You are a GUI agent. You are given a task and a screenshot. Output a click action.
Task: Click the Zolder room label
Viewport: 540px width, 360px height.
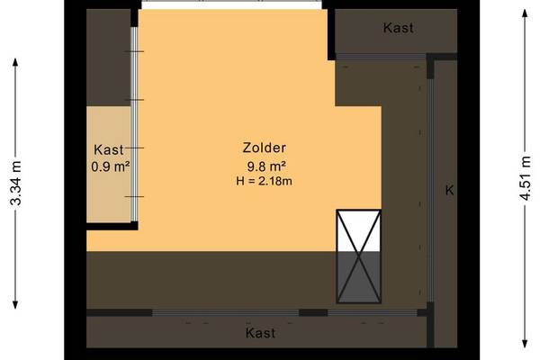pyautogui.click(x=264, y=148)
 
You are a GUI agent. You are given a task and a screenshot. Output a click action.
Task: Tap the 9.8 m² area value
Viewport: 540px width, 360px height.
pyautogui.click(x=266, y=166)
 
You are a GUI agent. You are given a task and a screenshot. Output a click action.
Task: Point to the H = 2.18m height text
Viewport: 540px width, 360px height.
pyautogui.click(x=264, y=181)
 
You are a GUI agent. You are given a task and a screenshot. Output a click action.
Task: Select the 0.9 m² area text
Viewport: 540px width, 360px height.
pyautogui.click(x=110, y=166)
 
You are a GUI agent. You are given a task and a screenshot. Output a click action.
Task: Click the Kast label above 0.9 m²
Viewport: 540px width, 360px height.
pyautogui.click(x=109, y=150)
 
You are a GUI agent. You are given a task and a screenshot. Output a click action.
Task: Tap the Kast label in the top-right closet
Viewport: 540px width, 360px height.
pyautogui.click(x=398, y=28)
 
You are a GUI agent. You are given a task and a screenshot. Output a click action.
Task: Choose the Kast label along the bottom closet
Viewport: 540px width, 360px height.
pyautogui.click(x=260, y=333)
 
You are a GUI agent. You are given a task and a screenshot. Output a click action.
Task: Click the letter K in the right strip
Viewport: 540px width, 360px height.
pyautogui.click(x=449, y=190)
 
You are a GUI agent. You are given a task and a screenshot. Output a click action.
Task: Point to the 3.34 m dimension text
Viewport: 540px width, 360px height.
pyautogui.click(x=15, y=183)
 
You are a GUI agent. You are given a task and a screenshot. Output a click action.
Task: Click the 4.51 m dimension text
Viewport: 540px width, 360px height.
pyautogui.click(x=525, y=178)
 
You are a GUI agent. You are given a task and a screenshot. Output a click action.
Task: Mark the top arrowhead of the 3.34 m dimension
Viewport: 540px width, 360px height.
pyautogui.click(x=15, y=62)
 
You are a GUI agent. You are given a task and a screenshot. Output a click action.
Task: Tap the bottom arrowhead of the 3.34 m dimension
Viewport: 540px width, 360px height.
pyautogui.click(x=15, y=305)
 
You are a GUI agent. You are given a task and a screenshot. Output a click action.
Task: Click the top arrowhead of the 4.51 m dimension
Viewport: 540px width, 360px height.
pyautogui.click(x=525, y=13)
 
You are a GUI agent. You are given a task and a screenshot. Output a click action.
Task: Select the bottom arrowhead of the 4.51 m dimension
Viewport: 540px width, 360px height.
pyautogui.click(x=525, y=344)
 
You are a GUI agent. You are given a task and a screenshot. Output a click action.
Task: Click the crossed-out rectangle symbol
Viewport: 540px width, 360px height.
pyautogui.click(x=359, y=256)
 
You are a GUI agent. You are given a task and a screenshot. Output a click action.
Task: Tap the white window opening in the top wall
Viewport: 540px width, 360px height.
pyautogui.click(x=232, y=4)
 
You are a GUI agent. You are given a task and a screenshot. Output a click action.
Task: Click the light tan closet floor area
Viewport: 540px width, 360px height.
pyautogui.click(x=109, y=165)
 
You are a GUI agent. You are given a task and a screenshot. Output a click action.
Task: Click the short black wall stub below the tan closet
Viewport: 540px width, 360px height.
pyautogui.click(x=112, y=226)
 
